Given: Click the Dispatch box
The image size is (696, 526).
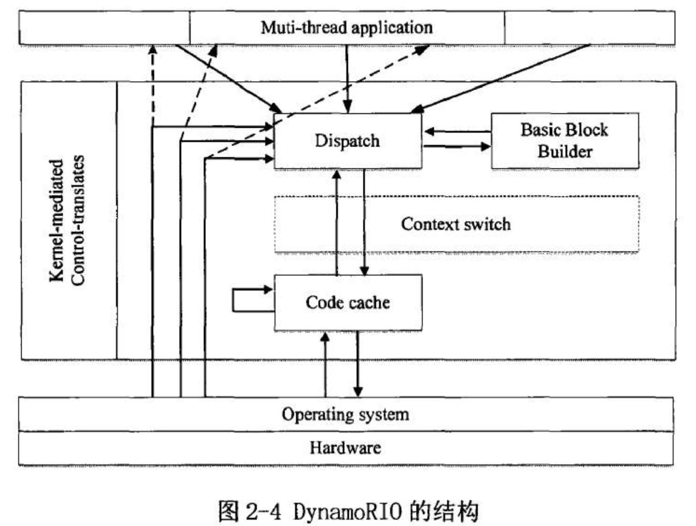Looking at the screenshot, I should click(x=348, y=141).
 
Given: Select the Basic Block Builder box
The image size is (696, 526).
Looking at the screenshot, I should click(x=565, y=141).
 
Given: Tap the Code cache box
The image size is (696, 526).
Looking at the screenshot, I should click(x=348, y=302).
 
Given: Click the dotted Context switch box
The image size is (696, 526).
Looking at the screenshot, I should click(x=456, y=224).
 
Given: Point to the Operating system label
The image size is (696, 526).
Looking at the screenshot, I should click(x=345, y=415).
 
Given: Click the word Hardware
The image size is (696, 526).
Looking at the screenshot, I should click(x=345, y=448).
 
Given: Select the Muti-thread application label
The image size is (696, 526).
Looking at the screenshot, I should click(x=347, y=28).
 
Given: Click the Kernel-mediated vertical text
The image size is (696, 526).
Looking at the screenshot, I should click(x=57, y=220).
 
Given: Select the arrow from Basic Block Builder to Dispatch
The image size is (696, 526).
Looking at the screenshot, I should click(x=457, y=131).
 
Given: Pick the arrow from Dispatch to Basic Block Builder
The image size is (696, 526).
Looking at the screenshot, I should click(x=457, y=146).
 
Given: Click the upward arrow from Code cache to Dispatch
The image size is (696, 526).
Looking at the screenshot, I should click(x=337, y=223).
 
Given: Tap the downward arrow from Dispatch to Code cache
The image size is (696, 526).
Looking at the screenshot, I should click(x=364, y=223).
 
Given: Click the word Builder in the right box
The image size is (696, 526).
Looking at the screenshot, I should click(x=565, y=151).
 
